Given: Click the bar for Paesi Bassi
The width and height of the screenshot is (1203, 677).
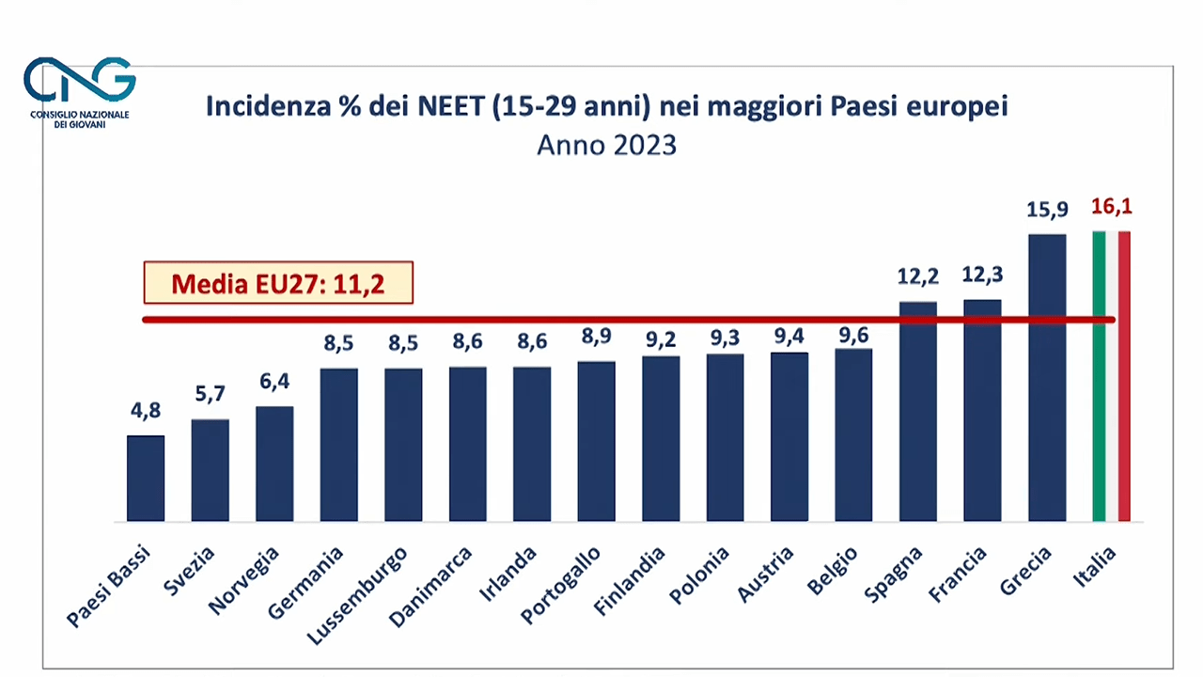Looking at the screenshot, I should (146, 479).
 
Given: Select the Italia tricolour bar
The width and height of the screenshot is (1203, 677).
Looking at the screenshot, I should (1111, 376).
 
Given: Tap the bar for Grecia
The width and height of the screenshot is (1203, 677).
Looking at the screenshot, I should (1047, 377).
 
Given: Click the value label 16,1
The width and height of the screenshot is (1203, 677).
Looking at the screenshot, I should (1111, 207).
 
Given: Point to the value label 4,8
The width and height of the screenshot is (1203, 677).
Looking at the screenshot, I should (146, 410).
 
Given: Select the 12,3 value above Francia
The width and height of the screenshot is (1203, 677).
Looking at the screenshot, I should (982, 275).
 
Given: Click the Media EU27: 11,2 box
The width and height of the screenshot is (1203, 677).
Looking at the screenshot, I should (278, 282).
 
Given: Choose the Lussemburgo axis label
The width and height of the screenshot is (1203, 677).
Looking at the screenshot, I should (358, 595).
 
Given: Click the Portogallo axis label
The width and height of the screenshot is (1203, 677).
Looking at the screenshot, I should (561, 584).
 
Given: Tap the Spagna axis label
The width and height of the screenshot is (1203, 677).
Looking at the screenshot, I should (895, 575).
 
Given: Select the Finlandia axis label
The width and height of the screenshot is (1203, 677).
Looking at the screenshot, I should (630, 581).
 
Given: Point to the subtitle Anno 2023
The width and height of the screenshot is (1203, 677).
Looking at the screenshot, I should (606, 146).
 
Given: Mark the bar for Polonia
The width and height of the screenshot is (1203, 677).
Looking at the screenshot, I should (725, 437).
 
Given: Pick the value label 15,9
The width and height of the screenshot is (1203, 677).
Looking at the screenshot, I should (1047, 209).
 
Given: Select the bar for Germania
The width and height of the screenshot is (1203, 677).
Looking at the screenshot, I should (338, 445).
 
